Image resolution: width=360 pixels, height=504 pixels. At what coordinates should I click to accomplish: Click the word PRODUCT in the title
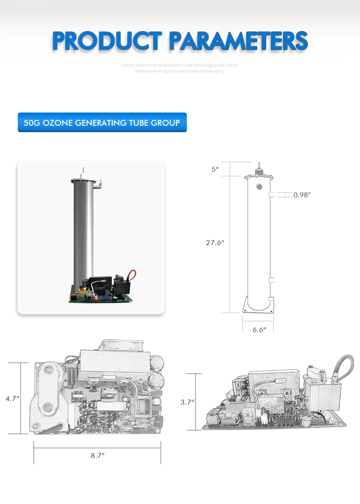click(x=107, y=41)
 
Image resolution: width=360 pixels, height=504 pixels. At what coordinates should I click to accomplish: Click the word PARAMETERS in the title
click(x=238, y=41)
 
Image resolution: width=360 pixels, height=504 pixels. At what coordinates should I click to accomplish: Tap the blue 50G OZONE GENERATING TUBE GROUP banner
click(x=102, y=123)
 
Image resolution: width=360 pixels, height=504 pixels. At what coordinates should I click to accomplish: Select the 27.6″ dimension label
click(x=215, y=243)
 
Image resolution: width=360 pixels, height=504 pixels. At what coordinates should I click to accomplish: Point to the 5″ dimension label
click(x=215, y=170)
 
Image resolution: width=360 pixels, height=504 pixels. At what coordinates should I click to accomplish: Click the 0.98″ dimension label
click(x=302, y=195)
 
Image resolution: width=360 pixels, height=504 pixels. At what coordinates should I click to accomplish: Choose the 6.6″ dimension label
click(x=259, y=329)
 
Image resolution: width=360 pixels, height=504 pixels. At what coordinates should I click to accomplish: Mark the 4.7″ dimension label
click(x=12, y=398)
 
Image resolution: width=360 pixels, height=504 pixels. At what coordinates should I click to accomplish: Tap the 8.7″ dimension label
click(x=98, y=455)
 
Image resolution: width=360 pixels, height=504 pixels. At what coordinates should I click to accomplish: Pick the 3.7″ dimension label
click(x=187, y=402)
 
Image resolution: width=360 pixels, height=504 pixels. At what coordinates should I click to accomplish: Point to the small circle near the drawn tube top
click(x=259, y=186)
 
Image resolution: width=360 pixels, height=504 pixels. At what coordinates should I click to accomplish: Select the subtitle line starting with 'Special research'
click(x=179, y=65)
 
